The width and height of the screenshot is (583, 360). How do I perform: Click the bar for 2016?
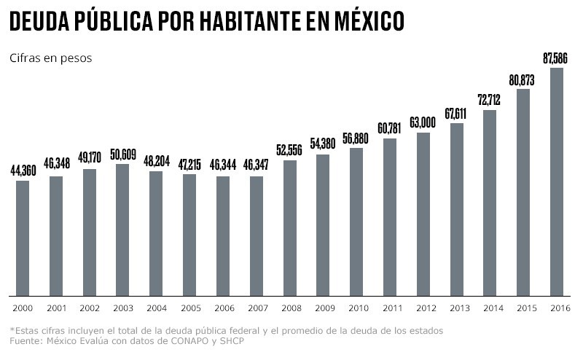tap(556, 181)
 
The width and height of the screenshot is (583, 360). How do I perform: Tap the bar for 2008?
tap(289, 227)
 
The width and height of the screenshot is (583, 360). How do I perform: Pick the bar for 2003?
tap(122, 230)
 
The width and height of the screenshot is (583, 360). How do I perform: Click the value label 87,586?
tap(556, 58)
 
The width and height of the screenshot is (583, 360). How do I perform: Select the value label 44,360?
tap(23, 171)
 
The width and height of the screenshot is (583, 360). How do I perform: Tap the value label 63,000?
tap(423, 122)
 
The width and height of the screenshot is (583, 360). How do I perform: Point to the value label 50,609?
tap(122, 154)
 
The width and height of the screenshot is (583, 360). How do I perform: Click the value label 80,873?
tap(523, 79)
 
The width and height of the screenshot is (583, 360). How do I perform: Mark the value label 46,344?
tap(223, 167)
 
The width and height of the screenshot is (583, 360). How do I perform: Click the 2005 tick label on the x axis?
tap(189, 308)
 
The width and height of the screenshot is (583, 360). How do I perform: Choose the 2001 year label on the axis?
tap(56, 308)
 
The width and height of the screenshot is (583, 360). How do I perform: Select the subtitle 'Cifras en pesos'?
tap(50, 58)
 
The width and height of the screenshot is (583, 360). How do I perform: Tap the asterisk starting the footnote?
tap(12, 330)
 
